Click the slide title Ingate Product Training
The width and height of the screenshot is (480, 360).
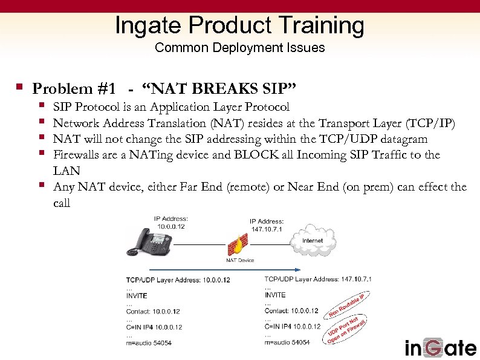click(239, 25)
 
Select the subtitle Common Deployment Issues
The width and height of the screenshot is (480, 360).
click(239, 48)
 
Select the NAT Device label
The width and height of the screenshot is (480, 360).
click(239, 260)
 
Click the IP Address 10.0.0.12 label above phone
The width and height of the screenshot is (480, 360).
click(171, 221)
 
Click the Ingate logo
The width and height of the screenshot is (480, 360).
click(440, 347)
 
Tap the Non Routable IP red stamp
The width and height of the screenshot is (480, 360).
click(348, 306)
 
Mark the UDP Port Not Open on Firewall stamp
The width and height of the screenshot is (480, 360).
click(348, 330)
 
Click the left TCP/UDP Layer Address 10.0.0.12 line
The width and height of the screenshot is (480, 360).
click(178, 280)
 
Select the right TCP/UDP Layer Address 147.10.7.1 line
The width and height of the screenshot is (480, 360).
click(318, 279)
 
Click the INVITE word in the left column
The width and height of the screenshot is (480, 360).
click(137, 296)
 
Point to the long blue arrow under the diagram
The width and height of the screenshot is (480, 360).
click(212, 270)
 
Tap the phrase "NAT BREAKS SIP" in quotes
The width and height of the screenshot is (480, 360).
click(219, 89)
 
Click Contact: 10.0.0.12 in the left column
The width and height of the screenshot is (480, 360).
click(154, 312)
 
